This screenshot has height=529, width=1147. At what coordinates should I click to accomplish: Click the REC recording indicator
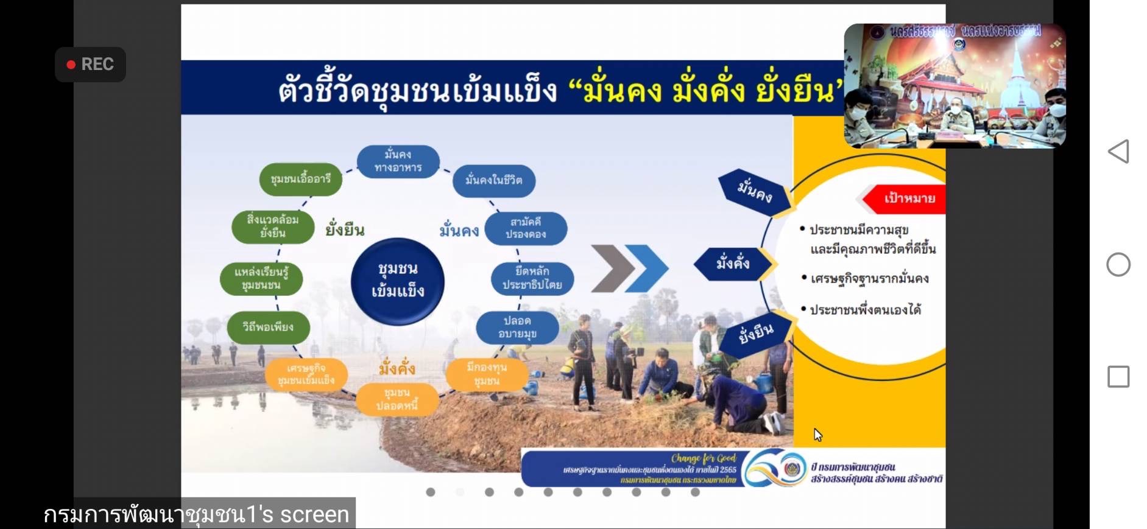click(x=90, y=65)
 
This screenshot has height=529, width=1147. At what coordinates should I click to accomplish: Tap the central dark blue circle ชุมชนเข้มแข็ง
click(x=398, y=281)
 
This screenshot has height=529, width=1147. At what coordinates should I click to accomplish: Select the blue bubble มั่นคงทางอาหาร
click(x=398, y=161)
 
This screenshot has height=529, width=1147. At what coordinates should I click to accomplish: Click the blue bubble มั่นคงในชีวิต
click(x=493, y=180)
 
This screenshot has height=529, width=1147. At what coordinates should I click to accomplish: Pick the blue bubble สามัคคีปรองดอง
click(x=526, y=228)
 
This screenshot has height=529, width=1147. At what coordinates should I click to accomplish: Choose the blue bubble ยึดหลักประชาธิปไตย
click(x=532, y=278)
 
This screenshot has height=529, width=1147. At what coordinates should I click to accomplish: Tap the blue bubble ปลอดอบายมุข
click(x=517, y=327)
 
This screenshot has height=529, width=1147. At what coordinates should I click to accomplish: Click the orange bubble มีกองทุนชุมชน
click(x=487, y=374)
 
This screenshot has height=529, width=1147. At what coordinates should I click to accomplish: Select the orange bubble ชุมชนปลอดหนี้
click(x=397, y=399)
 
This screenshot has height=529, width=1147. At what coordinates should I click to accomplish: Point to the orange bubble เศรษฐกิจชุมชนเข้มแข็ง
click(x=306, y=374)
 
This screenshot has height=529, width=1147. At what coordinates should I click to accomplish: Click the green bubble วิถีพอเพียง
click(x=268, y=327)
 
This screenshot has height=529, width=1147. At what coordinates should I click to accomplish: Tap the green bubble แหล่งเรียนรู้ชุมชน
click(x=261, y=278)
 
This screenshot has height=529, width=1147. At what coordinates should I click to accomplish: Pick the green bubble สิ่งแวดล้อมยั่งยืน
click(x=272, y=226)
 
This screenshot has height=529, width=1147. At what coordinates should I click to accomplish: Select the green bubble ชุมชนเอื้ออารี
click(x=300, y=179)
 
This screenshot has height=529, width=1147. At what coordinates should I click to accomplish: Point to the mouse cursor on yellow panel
click(x=817, y=434)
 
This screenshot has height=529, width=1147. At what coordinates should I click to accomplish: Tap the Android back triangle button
click(x=1118, y=151)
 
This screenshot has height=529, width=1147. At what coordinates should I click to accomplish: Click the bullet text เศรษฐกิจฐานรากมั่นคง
click(x=869, y=279)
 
